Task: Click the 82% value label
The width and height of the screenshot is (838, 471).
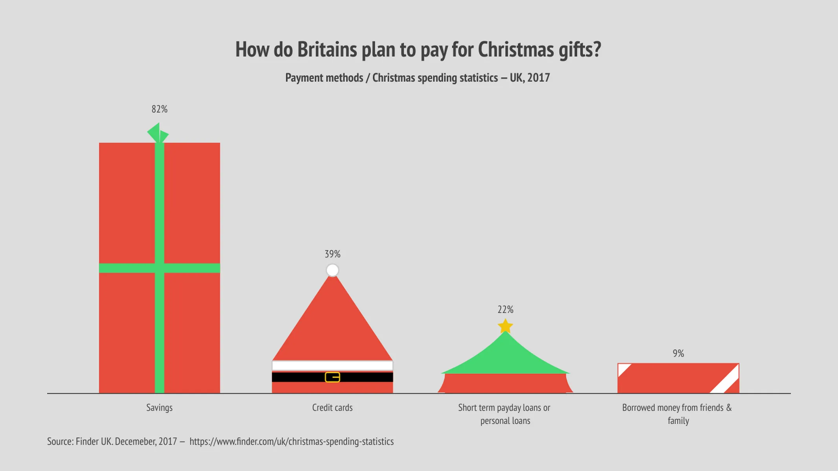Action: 160,109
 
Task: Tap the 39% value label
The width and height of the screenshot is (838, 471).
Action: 332,254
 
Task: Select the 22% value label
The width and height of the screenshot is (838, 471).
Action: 505,310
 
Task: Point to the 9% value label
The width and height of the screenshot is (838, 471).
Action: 678,353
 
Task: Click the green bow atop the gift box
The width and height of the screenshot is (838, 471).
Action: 158,133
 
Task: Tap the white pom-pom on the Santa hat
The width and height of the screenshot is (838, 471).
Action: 332,270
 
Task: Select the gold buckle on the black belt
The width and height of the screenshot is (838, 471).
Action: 332,377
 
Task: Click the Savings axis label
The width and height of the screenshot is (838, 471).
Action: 160,407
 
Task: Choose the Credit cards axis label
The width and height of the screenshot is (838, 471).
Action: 332,407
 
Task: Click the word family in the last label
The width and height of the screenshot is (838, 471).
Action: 678,421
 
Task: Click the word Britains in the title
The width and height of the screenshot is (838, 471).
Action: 326,50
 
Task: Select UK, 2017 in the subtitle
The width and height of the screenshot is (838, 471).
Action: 530,78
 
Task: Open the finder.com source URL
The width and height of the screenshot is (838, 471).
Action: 292,442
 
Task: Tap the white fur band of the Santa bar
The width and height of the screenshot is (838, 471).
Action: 332,366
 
